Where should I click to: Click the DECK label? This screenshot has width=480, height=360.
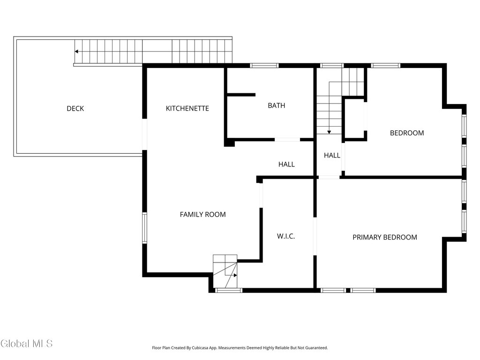tap(75, 108)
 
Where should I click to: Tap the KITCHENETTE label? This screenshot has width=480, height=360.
tap(187, 108)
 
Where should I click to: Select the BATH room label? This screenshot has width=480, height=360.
tap(277, 105)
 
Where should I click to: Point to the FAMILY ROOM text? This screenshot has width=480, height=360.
tap(202, 215)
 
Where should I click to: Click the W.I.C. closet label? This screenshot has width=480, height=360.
tap(286, 236)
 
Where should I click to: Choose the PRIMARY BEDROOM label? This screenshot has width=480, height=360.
tap(385, 237)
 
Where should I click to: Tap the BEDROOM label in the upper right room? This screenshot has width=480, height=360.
tap(407, 133)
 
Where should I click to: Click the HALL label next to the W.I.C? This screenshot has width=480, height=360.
tap(286, 165)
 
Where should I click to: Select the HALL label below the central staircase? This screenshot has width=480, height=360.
tap(332, 156)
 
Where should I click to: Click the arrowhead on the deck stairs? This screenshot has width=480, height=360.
tap(76, 52)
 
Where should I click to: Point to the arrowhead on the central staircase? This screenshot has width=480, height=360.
tap(329, 132)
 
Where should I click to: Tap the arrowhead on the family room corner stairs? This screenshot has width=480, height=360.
tap(235, 275)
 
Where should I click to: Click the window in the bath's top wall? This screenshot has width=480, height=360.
tap(264, 65)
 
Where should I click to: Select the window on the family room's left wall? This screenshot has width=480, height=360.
tap(144, 228)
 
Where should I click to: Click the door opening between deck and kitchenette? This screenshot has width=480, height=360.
tap(144, 135)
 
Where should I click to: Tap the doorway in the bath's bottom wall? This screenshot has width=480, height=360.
tap(287, 140)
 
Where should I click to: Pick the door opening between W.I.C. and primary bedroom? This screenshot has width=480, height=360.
tap(315, 236)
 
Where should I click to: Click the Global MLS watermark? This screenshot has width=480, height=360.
tap(27, 344)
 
